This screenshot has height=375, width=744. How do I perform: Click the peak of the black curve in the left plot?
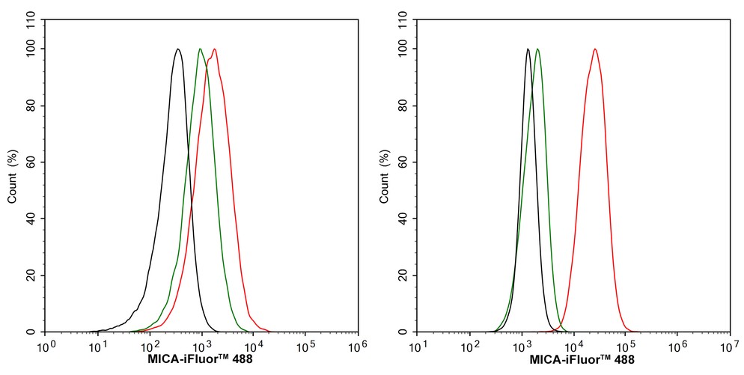pyautogui.click(x=177, y=49)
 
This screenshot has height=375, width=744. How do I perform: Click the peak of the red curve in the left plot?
pyautogui.click(x=215, y=49)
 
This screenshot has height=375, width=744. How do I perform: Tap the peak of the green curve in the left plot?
pyautogui.click(x=201, y=49)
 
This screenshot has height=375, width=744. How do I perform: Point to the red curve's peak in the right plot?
pyautogui.click(x=595, y=49)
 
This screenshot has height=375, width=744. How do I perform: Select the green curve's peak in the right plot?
pyautogui.click(x=537, y=49)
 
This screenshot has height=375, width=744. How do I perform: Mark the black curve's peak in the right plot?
pyautogui.click(x=528, y=49)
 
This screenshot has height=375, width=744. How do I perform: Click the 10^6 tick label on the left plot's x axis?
pyautogui.click(x=356, y=347)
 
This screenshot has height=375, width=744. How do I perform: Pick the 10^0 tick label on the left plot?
pyautogui.click(x=46, y=347)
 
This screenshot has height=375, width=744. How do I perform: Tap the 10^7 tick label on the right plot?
pyautogui.click(x=728, y=347)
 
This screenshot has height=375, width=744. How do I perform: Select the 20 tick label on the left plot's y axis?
pyautogui.click(x=34, y=275)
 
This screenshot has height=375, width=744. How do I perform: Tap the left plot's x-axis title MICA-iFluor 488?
pyautogui.click(x=200, y=360)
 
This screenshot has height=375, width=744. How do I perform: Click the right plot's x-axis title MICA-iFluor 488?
pyautogui.click(x=572, y=360)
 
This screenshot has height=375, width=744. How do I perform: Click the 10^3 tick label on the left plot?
pyautogui.click(x=201, y=347)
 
